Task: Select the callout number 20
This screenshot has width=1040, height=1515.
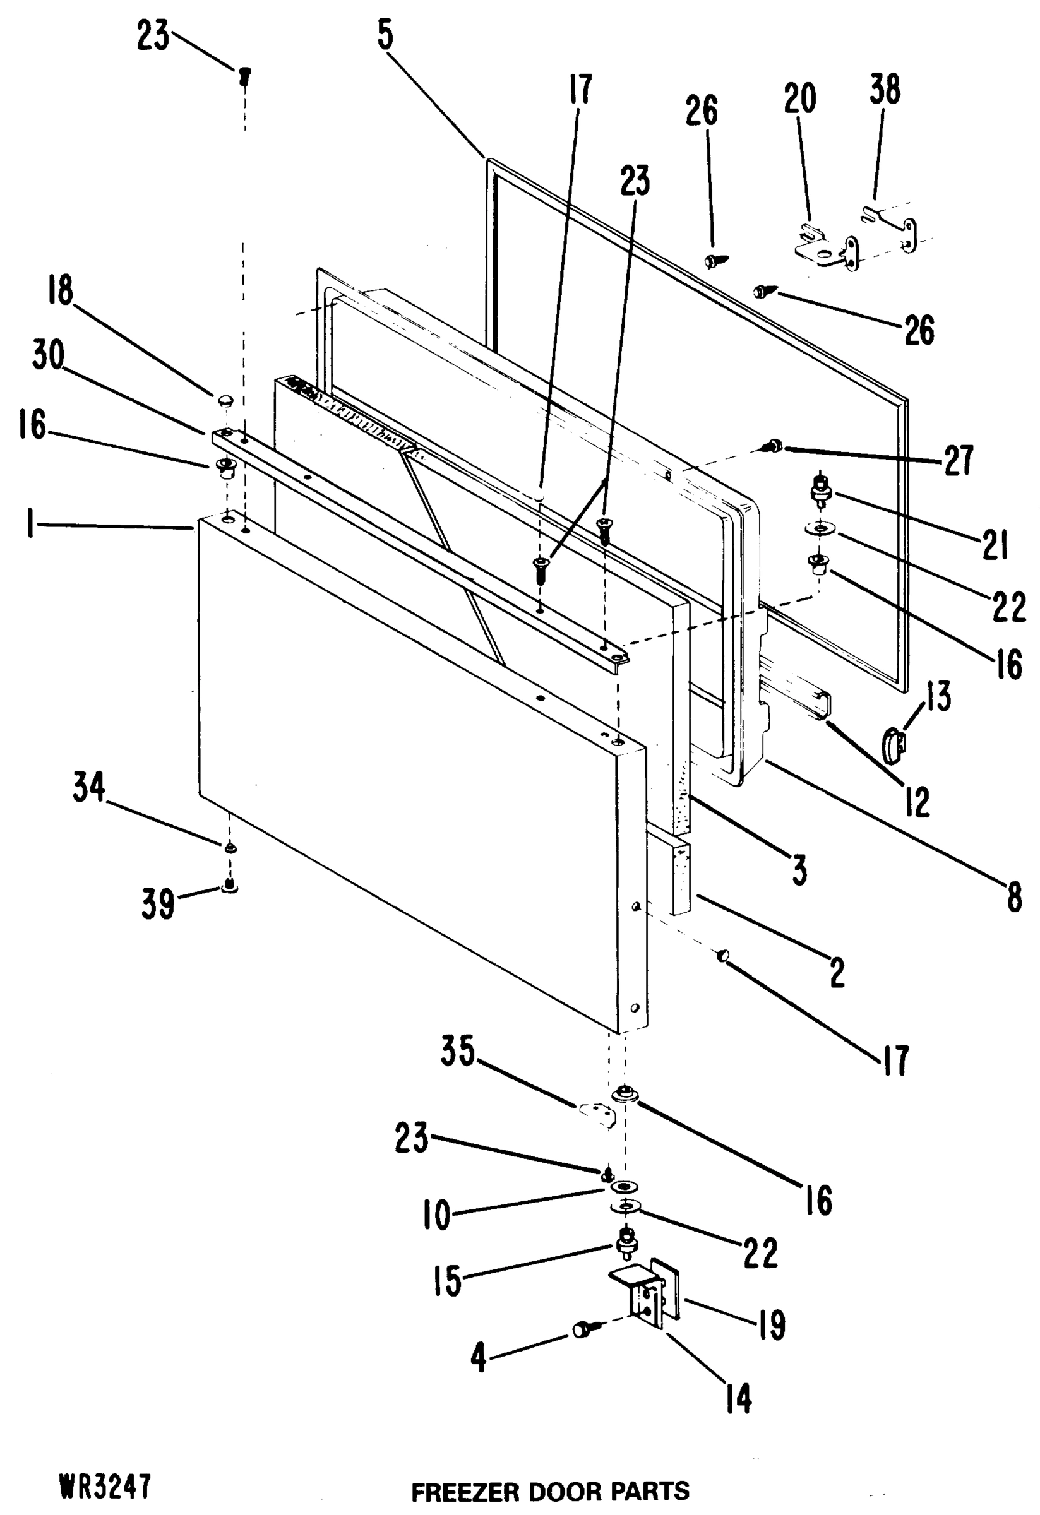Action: point(799,98)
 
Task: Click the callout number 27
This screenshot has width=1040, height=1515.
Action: point(958,460)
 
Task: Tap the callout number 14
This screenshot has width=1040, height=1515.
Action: point(739,1399)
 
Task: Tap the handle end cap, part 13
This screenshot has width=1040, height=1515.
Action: point(892,744)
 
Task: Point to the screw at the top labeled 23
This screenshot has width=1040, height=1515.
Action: point(245,77)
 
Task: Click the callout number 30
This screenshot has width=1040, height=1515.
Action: point(48,355)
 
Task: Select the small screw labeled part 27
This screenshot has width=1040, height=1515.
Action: point(773,446)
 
